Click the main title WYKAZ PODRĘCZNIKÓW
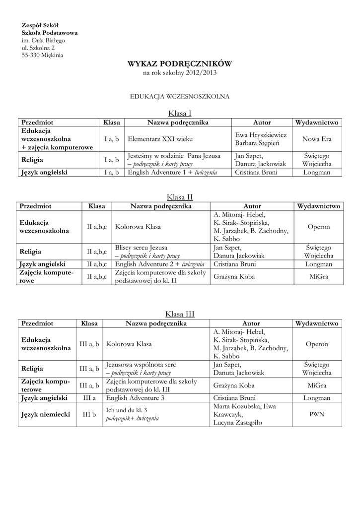tap(180, 64)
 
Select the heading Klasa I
tap(180, 113)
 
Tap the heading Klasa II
tap(180, 197)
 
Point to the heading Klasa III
tap(180, 314)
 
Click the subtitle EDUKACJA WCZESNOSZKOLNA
tap(180, 96)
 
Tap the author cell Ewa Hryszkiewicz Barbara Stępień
tap(261, 139)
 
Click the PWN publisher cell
tap(317, 414)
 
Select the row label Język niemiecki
tap(45, 414)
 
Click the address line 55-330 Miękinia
tap(42, 55)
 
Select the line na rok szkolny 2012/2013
tap(180, 73)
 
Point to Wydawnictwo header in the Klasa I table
tap(316, 123)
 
